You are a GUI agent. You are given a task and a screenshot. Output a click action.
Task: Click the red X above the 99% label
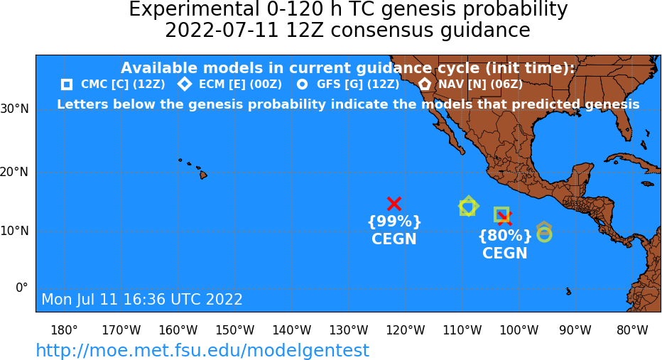click(x=394, y=204)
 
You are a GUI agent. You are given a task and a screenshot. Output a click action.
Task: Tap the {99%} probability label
click(x=394, y=221)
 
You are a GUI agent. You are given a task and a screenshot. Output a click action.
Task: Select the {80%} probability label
click(x=505, y=236)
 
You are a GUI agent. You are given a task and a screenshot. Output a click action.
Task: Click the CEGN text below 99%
click(x=394, y=239)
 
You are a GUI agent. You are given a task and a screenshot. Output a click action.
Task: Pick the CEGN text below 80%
click(x=505, y=253)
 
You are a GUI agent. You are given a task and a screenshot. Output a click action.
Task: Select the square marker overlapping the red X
click(x=494, y=215)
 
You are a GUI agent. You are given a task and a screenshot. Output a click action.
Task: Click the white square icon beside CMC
click(x=67, y=84)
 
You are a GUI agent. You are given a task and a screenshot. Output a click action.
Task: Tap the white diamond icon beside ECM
click(x=185, y=84)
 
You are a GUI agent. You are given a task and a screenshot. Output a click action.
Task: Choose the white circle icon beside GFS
click(x=302, y=84)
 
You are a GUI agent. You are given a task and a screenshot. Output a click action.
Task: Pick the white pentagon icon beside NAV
click(x=425, y=84)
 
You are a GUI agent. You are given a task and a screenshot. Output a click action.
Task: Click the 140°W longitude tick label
click(x=292, y=330)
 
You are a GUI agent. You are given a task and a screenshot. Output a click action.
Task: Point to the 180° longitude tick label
click(x=64, y=330)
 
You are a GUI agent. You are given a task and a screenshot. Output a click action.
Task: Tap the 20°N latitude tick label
click(x=14, y=173)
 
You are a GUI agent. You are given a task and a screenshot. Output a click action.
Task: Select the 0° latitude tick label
click(x=21, y=288)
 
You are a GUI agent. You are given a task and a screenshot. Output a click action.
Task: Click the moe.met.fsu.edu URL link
click(x=202, y=350)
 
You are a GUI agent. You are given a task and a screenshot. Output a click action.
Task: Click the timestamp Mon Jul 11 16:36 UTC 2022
click(x=142, y=299)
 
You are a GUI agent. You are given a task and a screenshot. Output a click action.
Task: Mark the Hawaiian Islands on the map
click(x=193, y=168)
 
